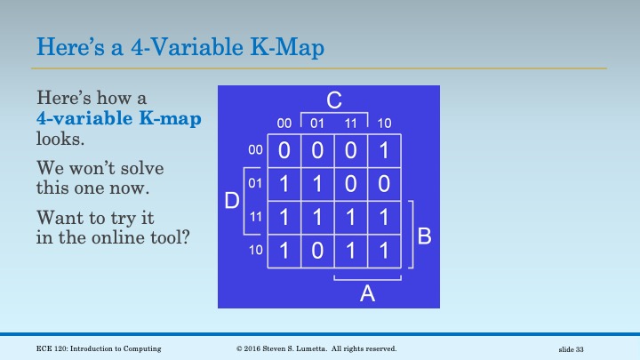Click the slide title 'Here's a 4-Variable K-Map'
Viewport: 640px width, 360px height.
tap(180, 45)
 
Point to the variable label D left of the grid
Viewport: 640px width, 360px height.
tap(231, 201)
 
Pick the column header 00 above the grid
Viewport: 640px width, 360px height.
tap(284, 123)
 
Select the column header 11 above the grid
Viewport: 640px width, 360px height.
tap(350, 123)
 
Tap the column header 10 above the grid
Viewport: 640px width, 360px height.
tap(384, 123)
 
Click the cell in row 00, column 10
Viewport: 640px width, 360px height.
tap(384, 151)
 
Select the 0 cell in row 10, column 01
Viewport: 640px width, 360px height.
tap(317, 251)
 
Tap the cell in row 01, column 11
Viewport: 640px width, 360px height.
tap(350, 185)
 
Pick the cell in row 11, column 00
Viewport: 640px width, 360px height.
tap(284, 218)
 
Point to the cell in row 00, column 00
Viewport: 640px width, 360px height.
tap(284, 151)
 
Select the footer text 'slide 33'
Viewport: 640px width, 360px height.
tap(576, 348)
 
